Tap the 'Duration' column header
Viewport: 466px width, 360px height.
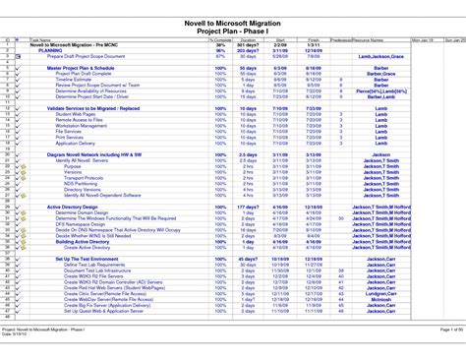coord(248,40)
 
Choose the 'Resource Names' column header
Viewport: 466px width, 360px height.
coord(370,40)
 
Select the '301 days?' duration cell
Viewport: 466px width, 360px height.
coord(249,45)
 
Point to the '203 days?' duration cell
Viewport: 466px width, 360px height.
coord(249,51)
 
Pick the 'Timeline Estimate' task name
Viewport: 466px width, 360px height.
coord(74,78)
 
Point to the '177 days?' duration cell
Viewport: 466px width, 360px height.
coord(249,207)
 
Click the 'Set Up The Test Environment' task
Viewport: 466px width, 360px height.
coord(83,259)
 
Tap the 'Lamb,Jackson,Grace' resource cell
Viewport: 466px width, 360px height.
coord(379,57)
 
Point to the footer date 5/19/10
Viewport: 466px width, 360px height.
coord(29,333)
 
